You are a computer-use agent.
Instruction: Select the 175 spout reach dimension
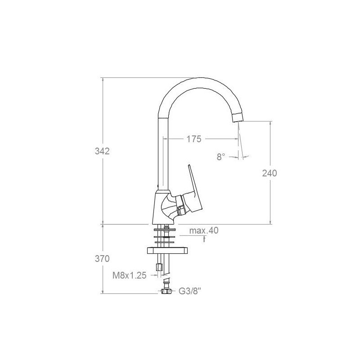point(193,139)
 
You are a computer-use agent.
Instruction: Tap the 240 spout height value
point(269,173)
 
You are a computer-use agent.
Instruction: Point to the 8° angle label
point(220,157)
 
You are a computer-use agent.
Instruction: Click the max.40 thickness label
point(203,231)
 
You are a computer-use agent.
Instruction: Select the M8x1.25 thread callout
point(130,276)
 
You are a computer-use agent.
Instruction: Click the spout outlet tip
point(237,118)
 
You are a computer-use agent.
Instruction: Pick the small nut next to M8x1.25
point(158,268)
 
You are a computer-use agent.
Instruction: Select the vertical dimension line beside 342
point(103,112)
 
